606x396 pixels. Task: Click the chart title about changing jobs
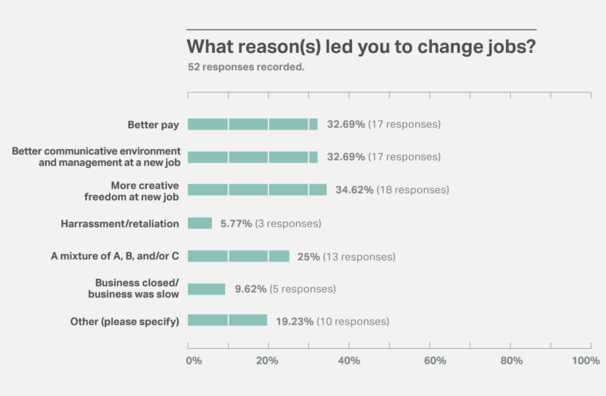[x=361, y=46]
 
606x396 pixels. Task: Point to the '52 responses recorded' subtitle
[x=246, y=67]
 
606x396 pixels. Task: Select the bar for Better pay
[x=252, y=124]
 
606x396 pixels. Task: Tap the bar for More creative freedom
[x=257, y=190]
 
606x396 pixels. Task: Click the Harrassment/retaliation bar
[x=200, y=223]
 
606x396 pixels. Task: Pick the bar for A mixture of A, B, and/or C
[x=239, y=256]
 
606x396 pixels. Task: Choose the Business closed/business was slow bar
[x=207, y=288]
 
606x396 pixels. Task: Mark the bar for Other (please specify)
[x=227, y=321]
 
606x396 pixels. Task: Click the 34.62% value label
[x=350, y=190]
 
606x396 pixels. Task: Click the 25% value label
[x=308, y=256]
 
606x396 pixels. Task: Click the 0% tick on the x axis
[x=193, y=361]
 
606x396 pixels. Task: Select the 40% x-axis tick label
[x=348, y=361]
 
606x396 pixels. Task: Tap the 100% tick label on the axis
[x=586, y=361]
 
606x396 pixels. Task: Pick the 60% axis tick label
[x=430, y=361]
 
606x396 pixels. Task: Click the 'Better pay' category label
[x=153, y=124]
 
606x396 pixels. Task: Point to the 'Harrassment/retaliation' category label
[x=120, y=223]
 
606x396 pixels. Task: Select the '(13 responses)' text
[x=359, y=256]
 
